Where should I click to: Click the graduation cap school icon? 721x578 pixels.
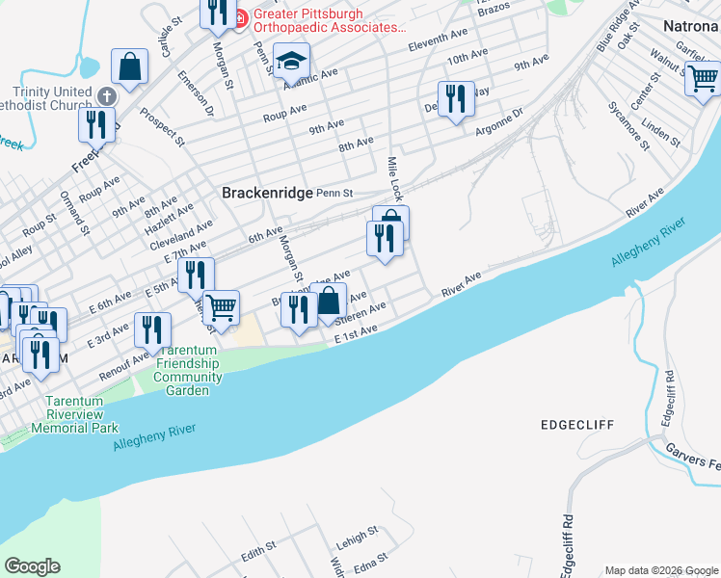click(289, 63)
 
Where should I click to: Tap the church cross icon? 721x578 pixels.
click(105, 96)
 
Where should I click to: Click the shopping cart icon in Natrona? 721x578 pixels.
click(702, 77)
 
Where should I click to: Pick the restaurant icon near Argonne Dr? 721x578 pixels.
click(456, 98)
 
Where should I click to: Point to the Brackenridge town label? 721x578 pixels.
click(267, 193)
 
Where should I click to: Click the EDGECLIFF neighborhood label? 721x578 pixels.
click(577, 425)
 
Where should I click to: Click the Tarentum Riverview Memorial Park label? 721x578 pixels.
click(74, 413)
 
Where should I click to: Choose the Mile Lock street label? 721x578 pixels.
click(393, 180)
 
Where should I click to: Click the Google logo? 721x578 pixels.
click(32, 566)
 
